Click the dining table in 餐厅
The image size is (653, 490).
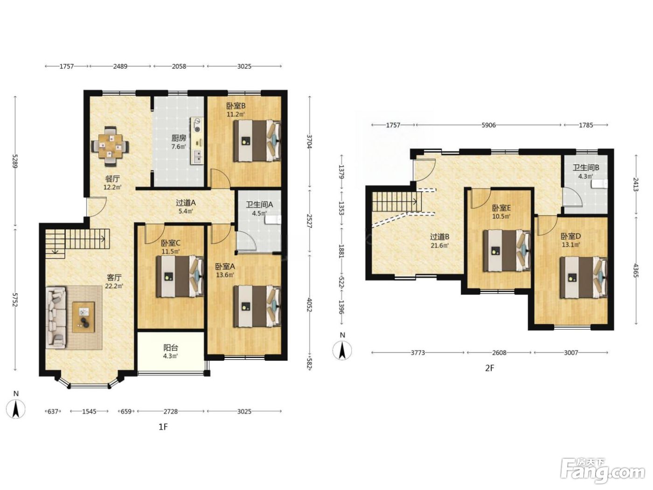pyautogui.click(x=110, y=146)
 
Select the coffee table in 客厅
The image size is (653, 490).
pyautogui.click(x=83, y=317)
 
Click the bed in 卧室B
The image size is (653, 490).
pyautogui.click(x=257, y=141)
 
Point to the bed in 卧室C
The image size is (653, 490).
pyautogui.click(x=181, y=277)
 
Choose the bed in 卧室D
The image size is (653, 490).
pyautogui.click(x=584, y=278)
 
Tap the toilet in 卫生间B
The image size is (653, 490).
pyautogui.click(x=600, y=184)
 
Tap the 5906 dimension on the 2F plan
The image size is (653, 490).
pyautogui.click(x=488, y=125)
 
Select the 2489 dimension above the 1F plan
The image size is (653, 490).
pyautogui.click(x=120, y=66)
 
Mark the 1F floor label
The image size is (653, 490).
pyautogui.click(x=163, y=427)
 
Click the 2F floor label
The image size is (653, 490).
pyautogui.click(x=489, y=368)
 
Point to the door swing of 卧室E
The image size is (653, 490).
pyautogui.click(x=480, y=199)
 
